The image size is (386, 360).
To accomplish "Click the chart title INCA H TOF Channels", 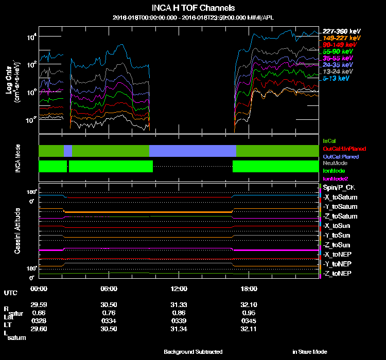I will [193, 8].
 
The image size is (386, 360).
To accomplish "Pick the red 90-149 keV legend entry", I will [338, 45].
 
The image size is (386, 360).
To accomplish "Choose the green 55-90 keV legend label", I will [338, 51].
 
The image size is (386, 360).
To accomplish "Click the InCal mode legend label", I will [329, 140].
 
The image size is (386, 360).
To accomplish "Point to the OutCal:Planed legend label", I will [340, 156].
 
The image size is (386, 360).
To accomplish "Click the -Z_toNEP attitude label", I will [338, 273].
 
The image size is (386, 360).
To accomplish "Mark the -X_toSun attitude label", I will [338, 226].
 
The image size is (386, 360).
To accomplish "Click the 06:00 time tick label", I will [109, 289].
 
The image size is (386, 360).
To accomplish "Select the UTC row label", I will [10, 293].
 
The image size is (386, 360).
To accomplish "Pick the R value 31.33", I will [179, 304].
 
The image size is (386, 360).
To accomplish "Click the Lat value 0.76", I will [109, 313].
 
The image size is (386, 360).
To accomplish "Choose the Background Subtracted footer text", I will [193, 352].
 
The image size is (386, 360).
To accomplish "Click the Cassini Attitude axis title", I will [17, 231].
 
